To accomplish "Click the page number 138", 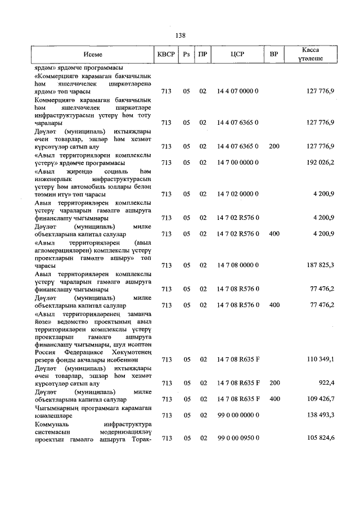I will [x=180, y=35].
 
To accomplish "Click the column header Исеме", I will [x=93, y=55].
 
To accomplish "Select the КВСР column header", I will [x=166, y=55].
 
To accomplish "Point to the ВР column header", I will [x=274, y=55].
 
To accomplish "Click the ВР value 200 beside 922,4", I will [x=274, y=382].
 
